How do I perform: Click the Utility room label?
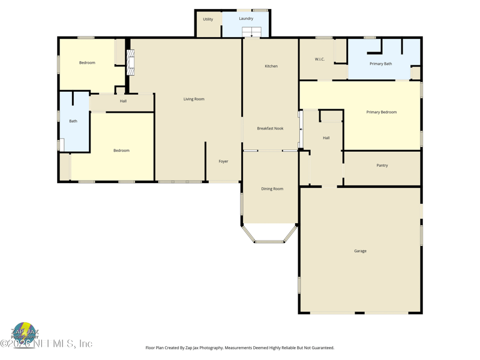(x=208, y=19)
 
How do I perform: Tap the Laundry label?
(x=246, y=19)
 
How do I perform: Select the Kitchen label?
(x=271, y=66)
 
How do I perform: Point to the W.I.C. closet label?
(x=320, y=59)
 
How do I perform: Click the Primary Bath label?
(x=380, y=64)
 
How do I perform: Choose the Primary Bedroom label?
(x=382, y=112)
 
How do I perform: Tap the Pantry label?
(x=382, y=166)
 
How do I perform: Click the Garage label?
(x=360, y=251)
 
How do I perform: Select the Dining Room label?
(x=272, y=189)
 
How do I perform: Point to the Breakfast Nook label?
(x=270, y=128)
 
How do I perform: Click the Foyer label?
(x=223, y=161)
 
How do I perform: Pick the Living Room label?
(x=194, y=99)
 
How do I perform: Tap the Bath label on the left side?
(x=73, y=121)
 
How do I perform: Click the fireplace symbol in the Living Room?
(x=130, y=62)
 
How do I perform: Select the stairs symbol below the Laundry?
(x=251, y=32)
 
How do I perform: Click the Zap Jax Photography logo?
(x=25, y=331)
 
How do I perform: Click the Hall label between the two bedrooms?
(x=123, y=101)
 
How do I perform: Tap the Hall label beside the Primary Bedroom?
(x=326, y=138)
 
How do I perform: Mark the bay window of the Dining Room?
(x=269, y=235)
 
